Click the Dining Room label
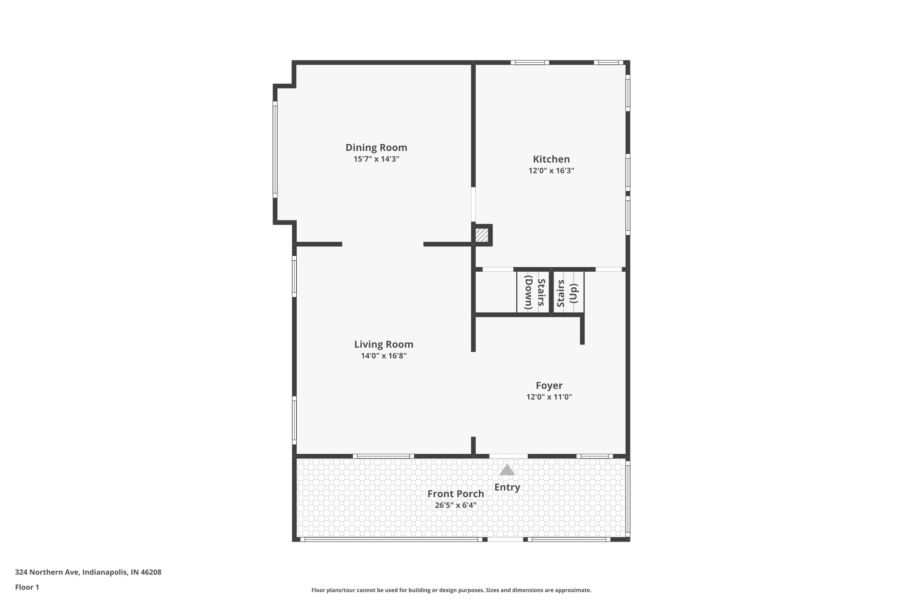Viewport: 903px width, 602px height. pyautogui.click(x=376, y=147)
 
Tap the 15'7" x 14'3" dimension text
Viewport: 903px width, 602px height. pyautogui.click(x=376, y=159)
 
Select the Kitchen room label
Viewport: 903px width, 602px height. pyautogui.click(x=551, y=159)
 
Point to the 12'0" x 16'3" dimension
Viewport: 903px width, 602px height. pyautogui.click(x=551, y=171)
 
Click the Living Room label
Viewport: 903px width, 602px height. pyautogui.click(x=384, y=344)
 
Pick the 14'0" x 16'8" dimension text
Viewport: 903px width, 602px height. pyautogui.click(x=384, y=356)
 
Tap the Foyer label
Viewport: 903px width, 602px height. pyautogui.click(x=549, y=385)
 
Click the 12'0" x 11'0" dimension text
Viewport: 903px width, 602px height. pyautogui.click(x=549, y=397)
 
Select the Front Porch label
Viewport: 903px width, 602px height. pyautogui.click(x=455, y=494)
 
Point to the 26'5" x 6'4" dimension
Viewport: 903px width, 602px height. pyautogui.click(x=455, y=505)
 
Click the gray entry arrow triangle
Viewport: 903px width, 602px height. pyautogui.click(x=507, y=470)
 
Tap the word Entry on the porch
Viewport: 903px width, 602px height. pyautogui.click(x=507, y=487)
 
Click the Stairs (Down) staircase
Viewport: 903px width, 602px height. pyautogui.click(x=533, y=292)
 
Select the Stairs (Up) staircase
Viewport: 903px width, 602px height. pyautogui.click(x=568, y=292)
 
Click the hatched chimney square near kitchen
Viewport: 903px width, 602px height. pyautogui.click(x=482, y=235)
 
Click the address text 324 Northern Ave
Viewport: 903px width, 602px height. pyautogui.click(x=88, y=572)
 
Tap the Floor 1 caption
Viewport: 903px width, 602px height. pyautogui.click(x=27, y=587)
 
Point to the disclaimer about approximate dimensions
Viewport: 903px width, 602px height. pyautogui.click(x=451, y=590)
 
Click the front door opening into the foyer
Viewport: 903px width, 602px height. pyautogui.click(x=508, y=456)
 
